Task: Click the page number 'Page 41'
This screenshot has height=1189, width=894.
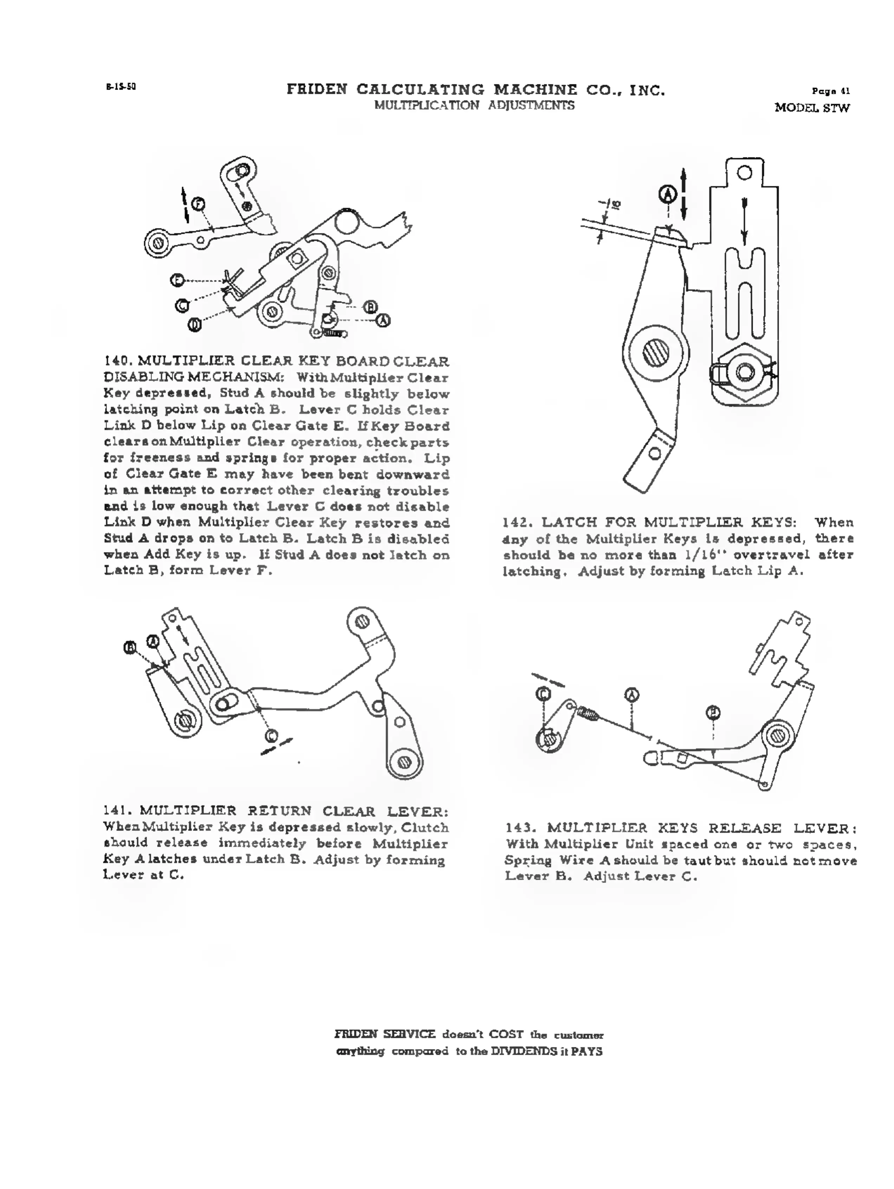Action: point(830,91)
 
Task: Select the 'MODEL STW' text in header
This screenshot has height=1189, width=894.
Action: point(812,108)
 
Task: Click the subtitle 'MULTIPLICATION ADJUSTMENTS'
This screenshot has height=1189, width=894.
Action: point(474,105)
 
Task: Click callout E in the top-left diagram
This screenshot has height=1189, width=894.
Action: point(177,280)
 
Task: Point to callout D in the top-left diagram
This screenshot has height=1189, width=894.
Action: point(195,325)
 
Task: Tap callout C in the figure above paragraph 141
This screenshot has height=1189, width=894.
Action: point(272,735)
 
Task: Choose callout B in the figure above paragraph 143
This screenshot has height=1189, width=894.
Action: point(713,713)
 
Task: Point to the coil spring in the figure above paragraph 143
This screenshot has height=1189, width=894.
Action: point(590,714)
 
